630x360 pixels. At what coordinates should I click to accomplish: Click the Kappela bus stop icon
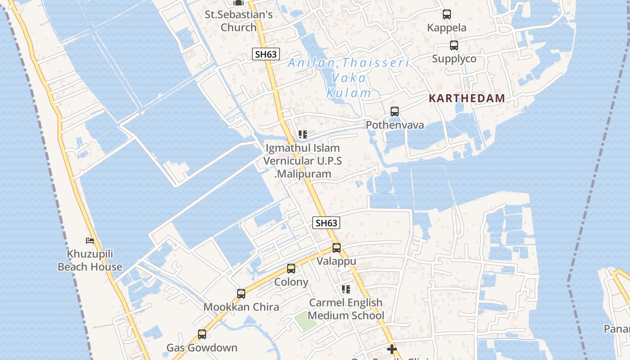pos(446,14)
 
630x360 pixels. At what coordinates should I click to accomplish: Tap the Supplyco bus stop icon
pos(454,45)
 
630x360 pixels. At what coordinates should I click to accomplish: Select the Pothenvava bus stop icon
pos(395,111)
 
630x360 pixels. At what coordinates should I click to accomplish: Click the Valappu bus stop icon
pos(336,247)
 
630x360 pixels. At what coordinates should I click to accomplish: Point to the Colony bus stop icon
pos(291,269)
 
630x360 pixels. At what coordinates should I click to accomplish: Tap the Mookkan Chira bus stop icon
pos(241,294)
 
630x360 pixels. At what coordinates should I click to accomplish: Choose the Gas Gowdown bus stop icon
pos(202,334)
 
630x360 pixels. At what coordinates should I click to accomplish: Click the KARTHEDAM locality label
pos(467,98)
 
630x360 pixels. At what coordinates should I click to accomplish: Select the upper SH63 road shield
pos(265,54)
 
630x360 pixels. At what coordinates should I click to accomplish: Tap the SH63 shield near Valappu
pos(326,223)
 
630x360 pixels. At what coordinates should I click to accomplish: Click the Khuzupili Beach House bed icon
pos(90,241)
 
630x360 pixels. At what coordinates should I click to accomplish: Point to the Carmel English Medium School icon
pos(346,289)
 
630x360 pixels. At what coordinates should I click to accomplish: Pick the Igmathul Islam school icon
pos(303,135)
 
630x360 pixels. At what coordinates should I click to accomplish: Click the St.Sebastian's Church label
pos(238,21)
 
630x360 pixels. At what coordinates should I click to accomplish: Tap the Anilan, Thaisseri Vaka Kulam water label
pos(349,77)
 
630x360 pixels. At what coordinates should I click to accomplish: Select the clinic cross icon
pos(392,349)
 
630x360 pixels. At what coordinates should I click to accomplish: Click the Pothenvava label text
pos(395,125)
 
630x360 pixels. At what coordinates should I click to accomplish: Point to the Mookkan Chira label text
pos(241,307)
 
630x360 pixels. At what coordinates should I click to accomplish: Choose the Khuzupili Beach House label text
pos(90,260)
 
